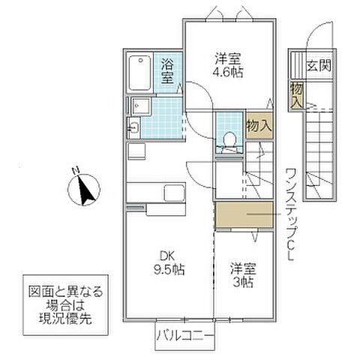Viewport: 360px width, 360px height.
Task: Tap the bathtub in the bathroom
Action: (140, 73)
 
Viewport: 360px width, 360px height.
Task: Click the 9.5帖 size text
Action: (168, 268)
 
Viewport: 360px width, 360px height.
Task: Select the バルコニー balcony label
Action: (184, 334)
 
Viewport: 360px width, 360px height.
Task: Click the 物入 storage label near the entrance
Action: (297, 92)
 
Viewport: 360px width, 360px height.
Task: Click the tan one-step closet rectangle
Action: (244, 215)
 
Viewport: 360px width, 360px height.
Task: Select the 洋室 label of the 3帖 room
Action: (239, 267)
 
